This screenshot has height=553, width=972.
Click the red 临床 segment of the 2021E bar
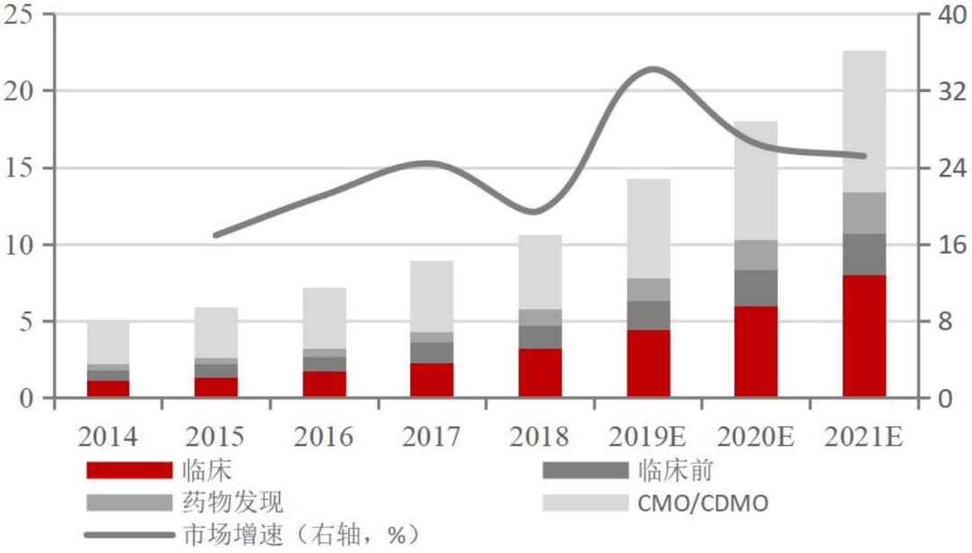(864, 336)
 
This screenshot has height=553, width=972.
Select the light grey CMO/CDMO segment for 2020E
(756, 180)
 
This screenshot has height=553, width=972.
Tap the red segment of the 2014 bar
(108, 388)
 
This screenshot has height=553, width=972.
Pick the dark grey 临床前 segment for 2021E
(864, 254)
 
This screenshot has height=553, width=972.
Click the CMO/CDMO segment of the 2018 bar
(540, 272)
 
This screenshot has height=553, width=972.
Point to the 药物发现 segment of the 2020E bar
(756, 255)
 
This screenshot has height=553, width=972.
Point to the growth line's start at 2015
(214, 235)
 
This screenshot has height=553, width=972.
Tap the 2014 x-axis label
(107, 437)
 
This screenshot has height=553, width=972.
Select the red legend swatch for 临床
(129, 470)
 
